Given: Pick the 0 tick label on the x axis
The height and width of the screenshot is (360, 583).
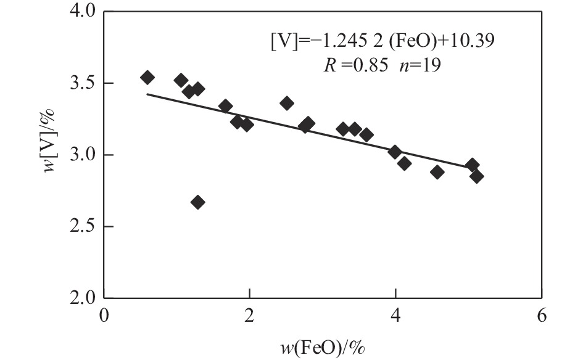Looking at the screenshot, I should [104, 316].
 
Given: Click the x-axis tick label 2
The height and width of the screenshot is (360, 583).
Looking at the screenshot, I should [249, 316].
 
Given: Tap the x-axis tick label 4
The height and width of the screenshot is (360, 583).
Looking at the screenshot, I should [395, 316].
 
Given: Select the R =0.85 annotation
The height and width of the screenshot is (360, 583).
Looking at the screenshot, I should [352, 65].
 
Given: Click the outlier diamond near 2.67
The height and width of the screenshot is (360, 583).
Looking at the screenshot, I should [197, 202].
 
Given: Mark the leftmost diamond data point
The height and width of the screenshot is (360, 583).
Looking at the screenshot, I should [147, 77].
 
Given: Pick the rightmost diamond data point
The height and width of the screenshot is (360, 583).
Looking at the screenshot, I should [476, 176].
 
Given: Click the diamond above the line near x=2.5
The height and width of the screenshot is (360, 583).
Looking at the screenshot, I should [287, 103].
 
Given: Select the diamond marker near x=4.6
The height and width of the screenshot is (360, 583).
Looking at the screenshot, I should [437, 172].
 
